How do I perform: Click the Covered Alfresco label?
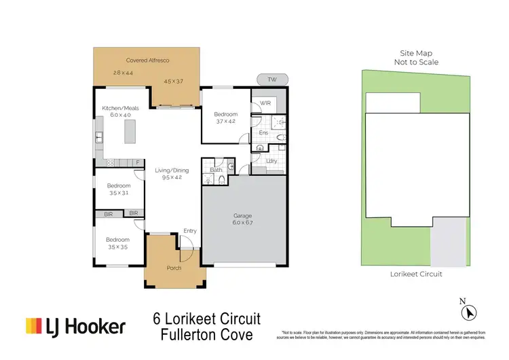coord(146,60)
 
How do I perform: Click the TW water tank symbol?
coord(272,79)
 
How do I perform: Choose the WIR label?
coord(265,104)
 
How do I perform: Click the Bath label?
coord(214,170)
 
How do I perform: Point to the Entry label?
coord(190,231)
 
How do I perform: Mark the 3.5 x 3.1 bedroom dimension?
coord(118,192)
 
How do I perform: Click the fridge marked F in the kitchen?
coord(138,162)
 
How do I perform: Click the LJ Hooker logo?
coord(75,327)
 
